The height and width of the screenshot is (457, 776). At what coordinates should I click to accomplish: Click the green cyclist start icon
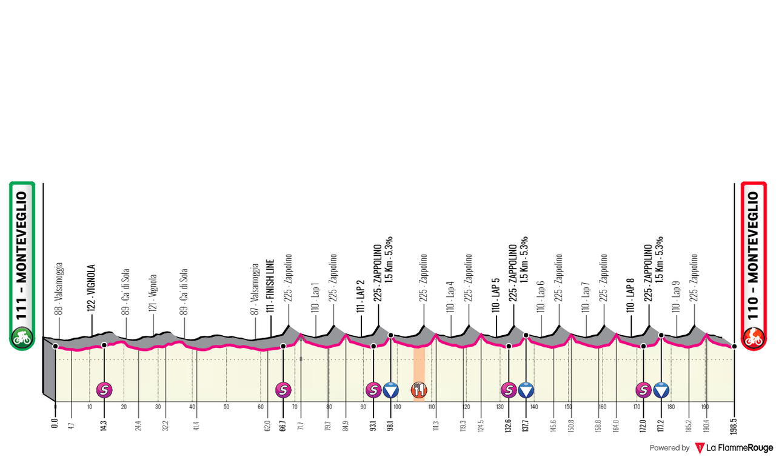pyautogui.click(x=22, y=337)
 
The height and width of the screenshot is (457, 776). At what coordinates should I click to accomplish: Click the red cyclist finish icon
pyautogui.click(x=754, y=337)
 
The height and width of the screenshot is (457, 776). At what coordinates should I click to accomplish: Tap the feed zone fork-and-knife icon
pyautogui.click(x=419, y=390)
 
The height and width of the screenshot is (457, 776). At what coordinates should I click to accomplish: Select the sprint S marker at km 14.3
pyautogui.click(x=104, y=390)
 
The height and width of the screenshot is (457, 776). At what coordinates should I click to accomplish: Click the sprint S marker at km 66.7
pyautogui.click(x=283, y=390)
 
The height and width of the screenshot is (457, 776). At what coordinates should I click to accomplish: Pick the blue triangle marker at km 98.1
pyautogui.click(x=391, y=390)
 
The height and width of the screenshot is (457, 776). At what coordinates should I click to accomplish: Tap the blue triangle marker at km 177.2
pyautogui.click(x=661, y=390)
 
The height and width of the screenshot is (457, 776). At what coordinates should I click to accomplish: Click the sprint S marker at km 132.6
pyautogui.click(x=509, y=390)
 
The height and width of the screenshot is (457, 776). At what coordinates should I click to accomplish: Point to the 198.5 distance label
pyautogui.click(x=734, y=426)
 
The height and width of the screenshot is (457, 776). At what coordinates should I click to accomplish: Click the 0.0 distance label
pyautogui.click(x=55, y=422)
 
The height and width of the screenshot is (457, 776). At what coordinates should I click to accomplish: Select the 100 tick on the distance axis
pyautogui.click(x=397, y=407)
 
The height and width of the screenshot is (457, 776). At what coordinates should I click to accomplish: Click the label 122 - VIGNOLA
pyautogui.click(x=91, y=288)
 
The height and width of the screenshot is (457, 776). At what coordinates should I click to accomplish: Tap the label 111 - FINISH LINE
pyautogui.click(x=270, y=286)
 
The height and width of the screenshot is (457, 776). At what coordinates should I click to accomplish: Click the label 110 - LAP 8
pyautogui.click(x=630, y=296)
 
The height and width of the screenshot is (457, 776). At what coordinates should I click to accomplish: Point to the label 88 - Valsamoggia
pyautogui.click(x=59, y=289)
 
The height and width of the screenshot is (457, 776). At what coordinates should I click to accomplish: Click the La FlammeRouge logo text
pyautogui.click(x=740, y=448)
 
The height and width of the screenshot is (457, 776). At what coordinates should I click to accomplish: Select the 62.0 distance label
pyautogui.click(x=267, y=425)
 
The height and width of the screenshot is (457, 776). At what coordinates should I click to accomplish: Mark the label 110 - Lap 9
pyautogui.click(x=676, y=297)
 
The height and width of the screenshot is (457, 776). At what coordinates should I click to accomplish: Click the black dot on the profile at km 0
pyautogui.click(x=55, y=346)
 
